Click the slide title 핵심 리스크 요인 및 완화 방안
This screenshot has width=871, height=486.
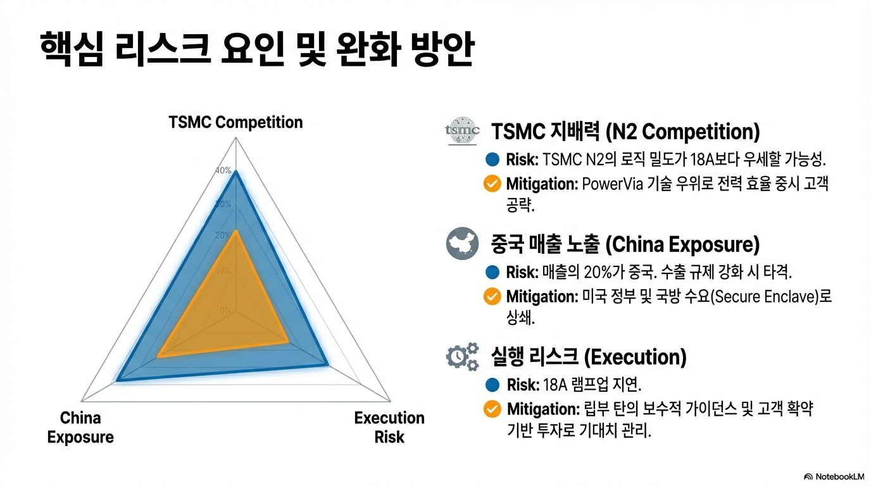[257, 51]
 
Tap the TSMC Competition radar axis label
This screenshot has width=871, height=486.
[235, 122]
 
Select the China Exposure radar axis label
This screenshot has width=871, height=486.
[80, 427]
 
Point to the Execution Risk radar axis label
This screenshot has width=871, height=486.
[389, 427]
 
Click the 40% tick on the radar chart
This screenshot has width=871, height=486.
[223, 170]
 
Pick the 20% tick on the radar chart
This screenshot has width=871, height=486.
[223, 235]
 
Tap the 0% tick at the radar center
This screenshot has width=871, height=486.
[225, 310]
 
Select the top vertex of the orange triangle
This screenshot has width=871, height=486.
[235, 231]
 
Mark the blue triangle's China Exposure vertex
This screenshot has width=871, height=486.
[118, 380]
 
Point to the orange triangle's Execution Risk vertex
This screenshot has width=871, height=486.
[288, 342]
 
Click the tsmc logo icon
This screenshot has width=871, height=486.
[462, 131]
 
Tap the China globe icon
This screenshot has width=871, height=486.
[462, 244]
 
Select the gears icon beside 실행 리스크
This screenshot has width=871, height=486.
[462, 356]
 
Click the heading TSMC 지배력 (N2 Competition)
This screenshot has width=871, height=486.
[625, 132]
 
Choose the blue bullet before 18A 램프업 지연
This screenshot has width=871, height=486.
[492, 385]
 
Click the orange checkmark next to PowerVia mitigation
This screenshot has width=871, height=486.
[492, 184]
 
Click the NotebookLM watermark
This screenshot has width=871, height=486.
[834, 477]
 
